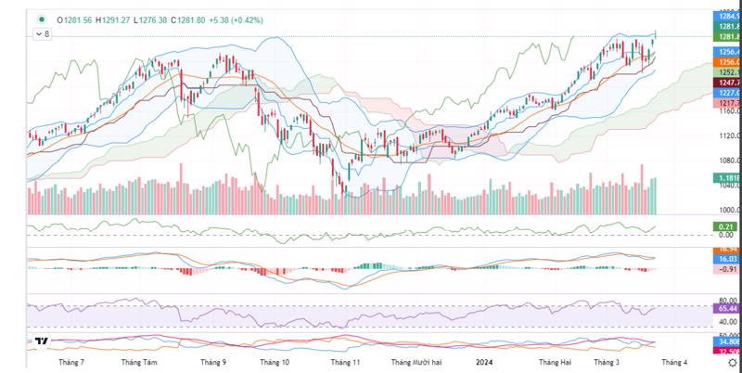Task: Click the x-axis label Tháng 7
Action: tap(72, 362)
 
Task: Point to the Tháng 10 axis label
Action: tap(275, 362)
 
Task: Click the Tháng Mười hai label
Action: tap(416, 362)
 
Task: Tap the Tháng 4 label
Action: tap(673, 362)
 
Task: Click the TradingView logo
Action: tap(41, 341)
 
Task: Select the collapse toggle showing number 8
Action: tap(42, 33)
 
